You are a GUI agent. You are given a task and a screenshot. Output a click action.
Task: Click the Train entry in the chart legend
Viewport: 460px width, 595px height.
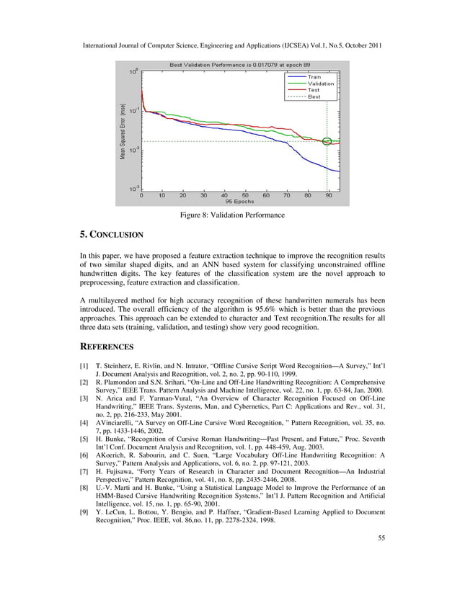pyautogui.click(x=314, y=76)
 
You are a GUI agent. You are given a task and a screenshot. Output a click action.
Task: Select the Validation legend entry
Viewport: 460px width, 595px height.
pyautogui.click(x=320, y=83)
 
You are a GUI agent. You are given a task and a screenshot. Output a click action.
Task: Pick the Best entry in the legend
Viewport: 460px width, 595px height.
pyautogui.click(x=314, y=96)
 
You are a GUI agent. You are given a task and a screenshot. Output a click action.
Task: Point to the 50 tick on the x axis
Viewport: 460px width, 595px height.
pyautogui.click(x=246, y=194)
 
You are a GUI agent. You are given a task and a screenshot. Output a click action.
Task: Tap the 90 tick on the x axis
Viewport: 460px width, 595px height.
pyautogui.click(x=329, y=194)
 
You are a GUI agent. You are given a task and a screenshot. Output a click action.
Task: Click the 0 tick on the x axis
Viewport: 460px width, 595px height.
pyautogui.click(x=141, y=194)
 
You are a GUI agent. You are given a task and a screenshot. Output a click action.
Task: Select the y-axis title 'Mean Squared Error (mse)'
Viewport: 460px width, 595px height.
pyautogui.click(x=123, y=130)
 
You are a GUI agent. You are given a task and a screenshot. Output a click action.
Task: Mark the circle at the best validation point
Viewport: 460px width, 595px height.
pyautogui.click(x=327, y=141)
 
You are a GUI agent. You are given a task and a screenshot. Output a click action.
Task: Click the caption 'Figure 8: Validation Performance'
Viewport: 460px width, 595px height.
pyautogui.click(x=229, y=215)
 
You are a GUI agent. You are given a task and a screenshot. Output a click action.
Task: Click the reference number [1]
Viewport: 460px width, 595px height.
pyautogui.click(x=84, y=367)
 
